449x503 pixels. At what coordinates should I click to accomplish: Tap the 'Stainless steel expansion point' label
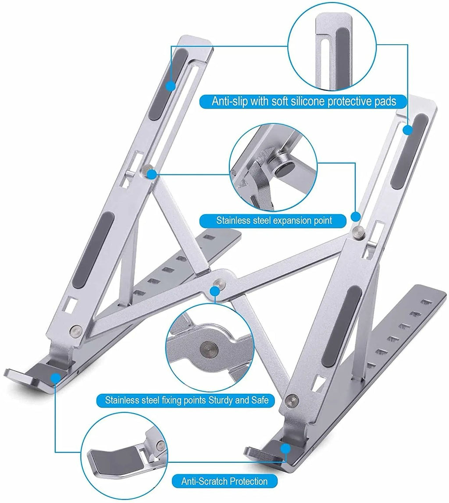point(274,220)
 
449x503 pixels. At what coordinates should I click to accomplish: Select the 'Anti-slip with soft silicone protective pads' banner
point(303,102)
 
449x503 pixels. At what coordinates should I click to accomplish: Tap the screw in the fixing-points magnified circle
point(208,349)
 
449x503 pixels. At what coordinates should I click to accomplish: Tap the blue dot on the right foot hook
point(286,449)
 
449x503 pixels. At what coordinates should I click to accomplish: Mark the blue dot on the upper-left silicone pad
point(170,86)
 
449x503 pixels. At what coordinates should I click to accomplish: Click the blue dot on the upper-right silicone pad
point(408,130)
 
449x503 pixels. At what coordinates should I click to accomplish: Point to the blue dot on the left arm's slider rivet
point(152,174)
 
